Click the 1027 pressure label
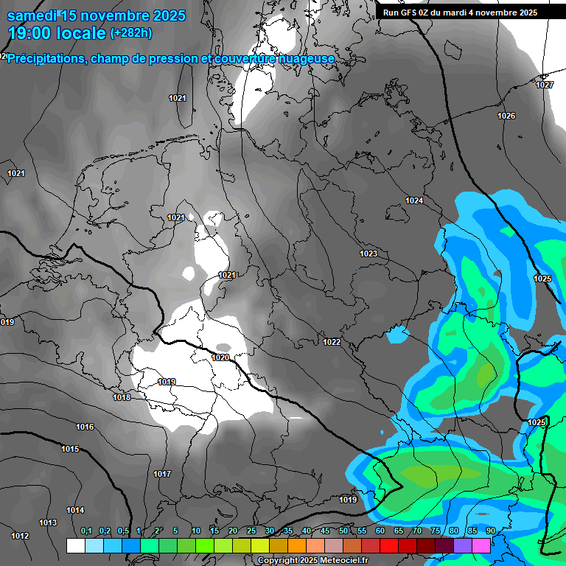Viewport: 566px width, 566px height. point(544,85)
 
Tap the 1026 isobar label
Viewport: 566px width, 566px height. point(506,116)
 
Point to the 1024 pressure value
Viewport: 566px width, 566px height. point(414,200)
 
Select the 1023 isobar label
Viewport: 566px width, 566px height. point(368,254)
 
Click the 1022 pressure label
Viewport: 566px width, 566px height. point(332,342)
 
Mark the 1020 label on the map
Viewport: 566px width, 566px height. point(220,357)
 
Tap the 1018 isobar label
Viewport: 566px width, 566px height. point(122,397)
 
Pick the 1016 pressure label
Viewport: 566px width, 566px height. point(85,427)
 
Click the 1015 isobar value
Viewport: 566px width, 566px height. point(70,449)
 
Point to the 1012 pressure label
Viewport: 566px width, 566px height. point(21,536)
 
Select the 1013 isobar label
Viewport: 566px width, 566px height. point(48,523)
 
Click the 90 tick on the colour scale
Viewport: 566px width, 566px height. point(490,531)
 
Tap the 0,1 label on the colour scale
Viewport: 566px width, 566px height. point(86,531)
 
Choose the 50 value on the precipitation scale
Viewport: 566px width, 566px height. point(343,531)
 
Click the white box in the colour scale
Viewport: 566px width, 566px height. point(75,545)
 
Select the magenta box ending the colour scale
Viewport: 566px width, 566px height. point(481,545)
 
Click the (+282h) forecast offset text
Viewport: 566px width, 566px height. point(131,32)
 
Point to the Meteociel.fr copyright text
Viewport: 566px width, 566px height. point(312,560)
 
